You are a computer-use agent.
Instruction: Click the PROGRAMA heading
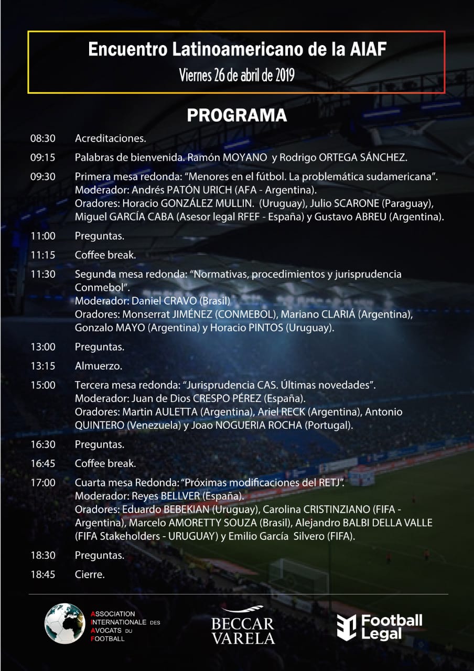pyautogui.click(x=237, y=115)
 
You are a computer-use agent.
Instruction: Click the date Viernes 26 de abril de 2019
pyautogui.click(x=236, y=75)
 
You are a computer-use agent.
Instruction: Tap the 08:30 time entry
pyautogui.click(x=43, y=138)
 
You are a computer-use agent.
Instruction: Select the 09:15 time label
pyautogui.click(x=43, y=157)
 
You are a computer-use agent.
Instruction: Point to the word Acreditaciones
pyautogui.click(x=110, y=138)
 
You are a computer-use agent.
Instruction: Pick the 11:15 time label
pyautogui.click(x=43, y=255)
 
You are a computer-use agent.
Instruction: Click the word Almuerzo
pyautogui.click(x=99, y=366)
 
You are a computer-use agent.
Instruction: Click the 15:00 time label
pyautogui.click(x=43, y=385)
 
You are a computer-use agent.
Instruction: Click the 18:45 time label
pyautogui.click(x=43, y=574)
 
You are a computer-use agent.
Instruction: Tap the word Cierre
pyautogui.click(x=90, y=574)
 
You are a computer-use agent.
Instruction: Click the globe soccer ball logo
pyautogui.click(x=64, y=623)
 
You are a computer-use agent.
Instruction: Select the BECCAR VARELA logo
pyautogui.click(x=243, y=626)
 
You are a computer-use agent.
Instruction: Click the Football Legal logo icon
pyautogui.click(x=346, y=627)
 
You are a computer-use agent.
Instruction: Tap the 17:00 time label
pyautogui.click(x=43, y=482)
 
